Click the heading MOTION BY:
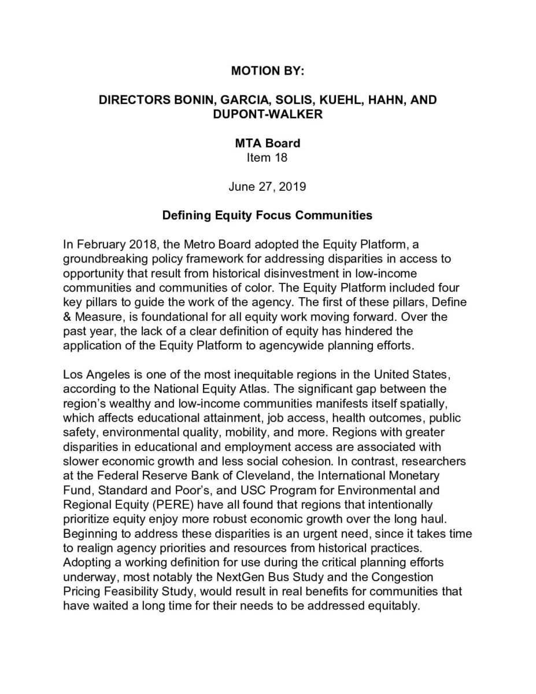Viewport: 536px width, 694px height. [267, 72]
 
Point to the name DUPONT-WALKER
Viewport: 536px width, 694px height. [268, 114]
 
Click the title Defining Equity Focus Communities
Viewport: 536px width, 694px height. [267, 216]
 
